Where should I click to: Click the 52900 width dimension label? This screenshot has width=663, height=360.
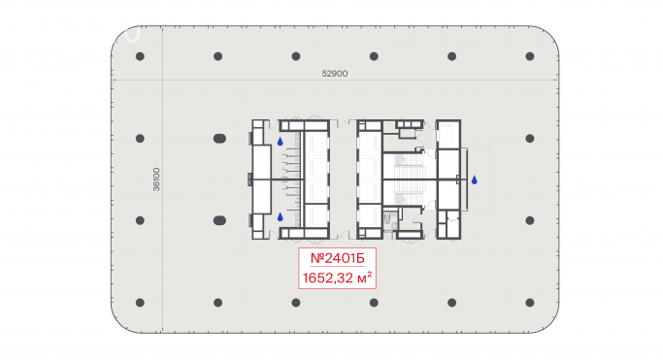coord(335,74)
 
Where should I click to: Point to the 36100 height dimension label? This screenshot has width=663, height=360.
coord(156,180)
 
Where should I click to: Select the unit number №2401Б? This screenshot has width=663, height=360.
coord(338,258)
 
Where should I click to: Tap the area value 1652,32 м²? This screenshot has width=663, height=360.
coord(338,278)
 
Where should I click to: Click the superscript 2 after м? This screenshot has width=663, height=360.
coord(370,275)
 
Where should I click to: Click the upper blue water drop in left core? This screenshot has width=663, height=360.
coord(280,142)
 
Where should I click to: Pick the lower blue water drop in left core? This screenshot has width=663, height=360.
coord(280,216)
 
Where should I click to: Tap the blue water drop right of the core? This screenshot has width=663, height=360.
coord(475,180)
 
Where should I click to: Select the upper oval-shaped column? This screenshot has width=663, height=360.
coord(219,138)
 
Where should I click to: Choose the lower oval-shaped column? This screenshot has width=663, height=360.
coord(219,220)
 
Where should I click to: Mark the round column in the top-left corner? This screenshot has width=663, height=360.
coord(140,56)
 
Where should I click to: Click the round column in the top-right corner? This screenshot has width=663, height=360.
coord(530,56)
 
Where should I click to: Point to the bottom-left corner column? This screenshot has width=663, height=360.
coord(140,303)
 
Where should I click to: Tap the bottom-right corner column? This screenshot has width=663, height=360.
coord(530,303)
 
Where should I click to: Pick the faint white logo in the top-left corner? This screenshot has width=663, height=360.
coord(133,35)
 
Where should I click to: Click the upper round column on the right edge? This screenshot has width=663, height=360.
coord(530,138)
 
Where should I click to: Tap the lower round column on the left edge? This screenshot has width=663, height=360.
coord(140,220)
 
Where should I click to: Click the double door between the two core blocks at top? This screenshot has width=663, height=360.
coord(343,123)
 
